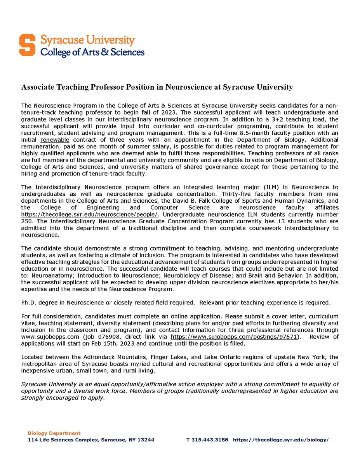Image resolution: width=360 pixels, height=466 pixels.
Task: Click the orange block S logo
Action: pyautogui.click(x=30, y=45)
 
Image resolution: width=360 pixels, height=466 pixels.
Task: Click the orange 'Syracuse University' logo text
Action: pyautogui.click(x=88, y=40)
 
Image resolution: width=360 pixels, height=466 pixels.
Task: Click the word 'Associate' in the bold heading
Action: pyautogui.click(x=37, y=87)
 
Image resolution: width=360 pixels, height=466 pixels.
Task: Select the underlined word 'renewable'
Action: pyautogui.click(x=55, y=139)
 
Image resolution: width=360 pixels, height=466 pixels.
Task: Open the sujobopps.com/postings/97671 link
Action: pyautogui.click(x=234, y=337)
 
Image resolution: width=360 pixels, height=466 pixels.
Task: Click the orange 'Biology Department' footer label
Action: pyautogui.click(x=54, y=433)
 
